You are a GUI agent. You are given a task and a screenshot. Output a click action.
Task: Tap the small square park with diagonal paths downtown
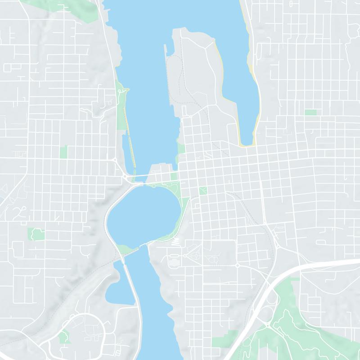(203, 191)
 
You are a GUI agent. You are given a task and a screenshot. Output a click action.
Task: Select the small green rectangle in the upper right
(310, 112)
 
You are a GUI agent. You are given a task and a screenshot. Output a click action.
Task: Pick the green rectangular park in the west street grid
(63, 152)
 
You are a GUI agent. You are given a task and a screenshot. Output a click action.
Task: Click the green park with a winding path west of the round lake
(36, 234)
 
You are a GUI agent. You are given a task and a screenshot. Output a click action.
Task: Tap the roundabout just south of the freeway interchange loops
(268, 324)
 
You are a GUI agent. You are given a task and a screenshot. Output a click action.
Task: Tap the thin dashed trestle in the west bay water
(130, 144)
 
